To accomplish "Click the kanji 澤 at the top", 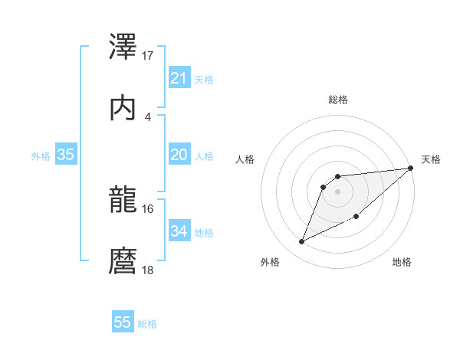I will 123,47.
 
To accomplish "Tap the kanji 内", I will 123,107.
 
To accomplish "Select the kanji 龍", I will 123,201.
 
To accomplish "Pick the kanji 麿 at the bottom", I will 123,261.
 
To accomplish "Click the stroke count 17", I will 148,56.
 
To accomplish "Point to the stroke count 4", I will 148,116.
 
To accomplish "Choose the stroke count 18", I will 148,270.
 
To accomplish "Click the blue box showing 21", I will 179,78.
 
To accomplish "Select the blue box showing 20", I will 179,155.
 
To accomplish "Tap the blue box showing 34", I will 179,231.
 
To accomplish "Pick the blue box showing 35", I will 66,155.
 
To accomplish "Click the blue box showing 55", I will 123,322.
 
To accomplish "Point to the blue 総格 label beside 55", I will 147,324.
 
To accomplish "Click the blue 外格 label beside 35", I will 41,156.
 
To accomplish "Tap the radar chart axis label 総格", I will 338,100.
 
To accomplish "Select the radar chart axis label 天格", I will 432,159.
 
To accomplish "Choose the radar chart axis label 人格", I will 245,159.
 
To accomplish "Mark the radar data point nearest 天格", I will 411,169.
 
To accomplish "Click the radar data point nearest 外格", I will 302,241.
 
